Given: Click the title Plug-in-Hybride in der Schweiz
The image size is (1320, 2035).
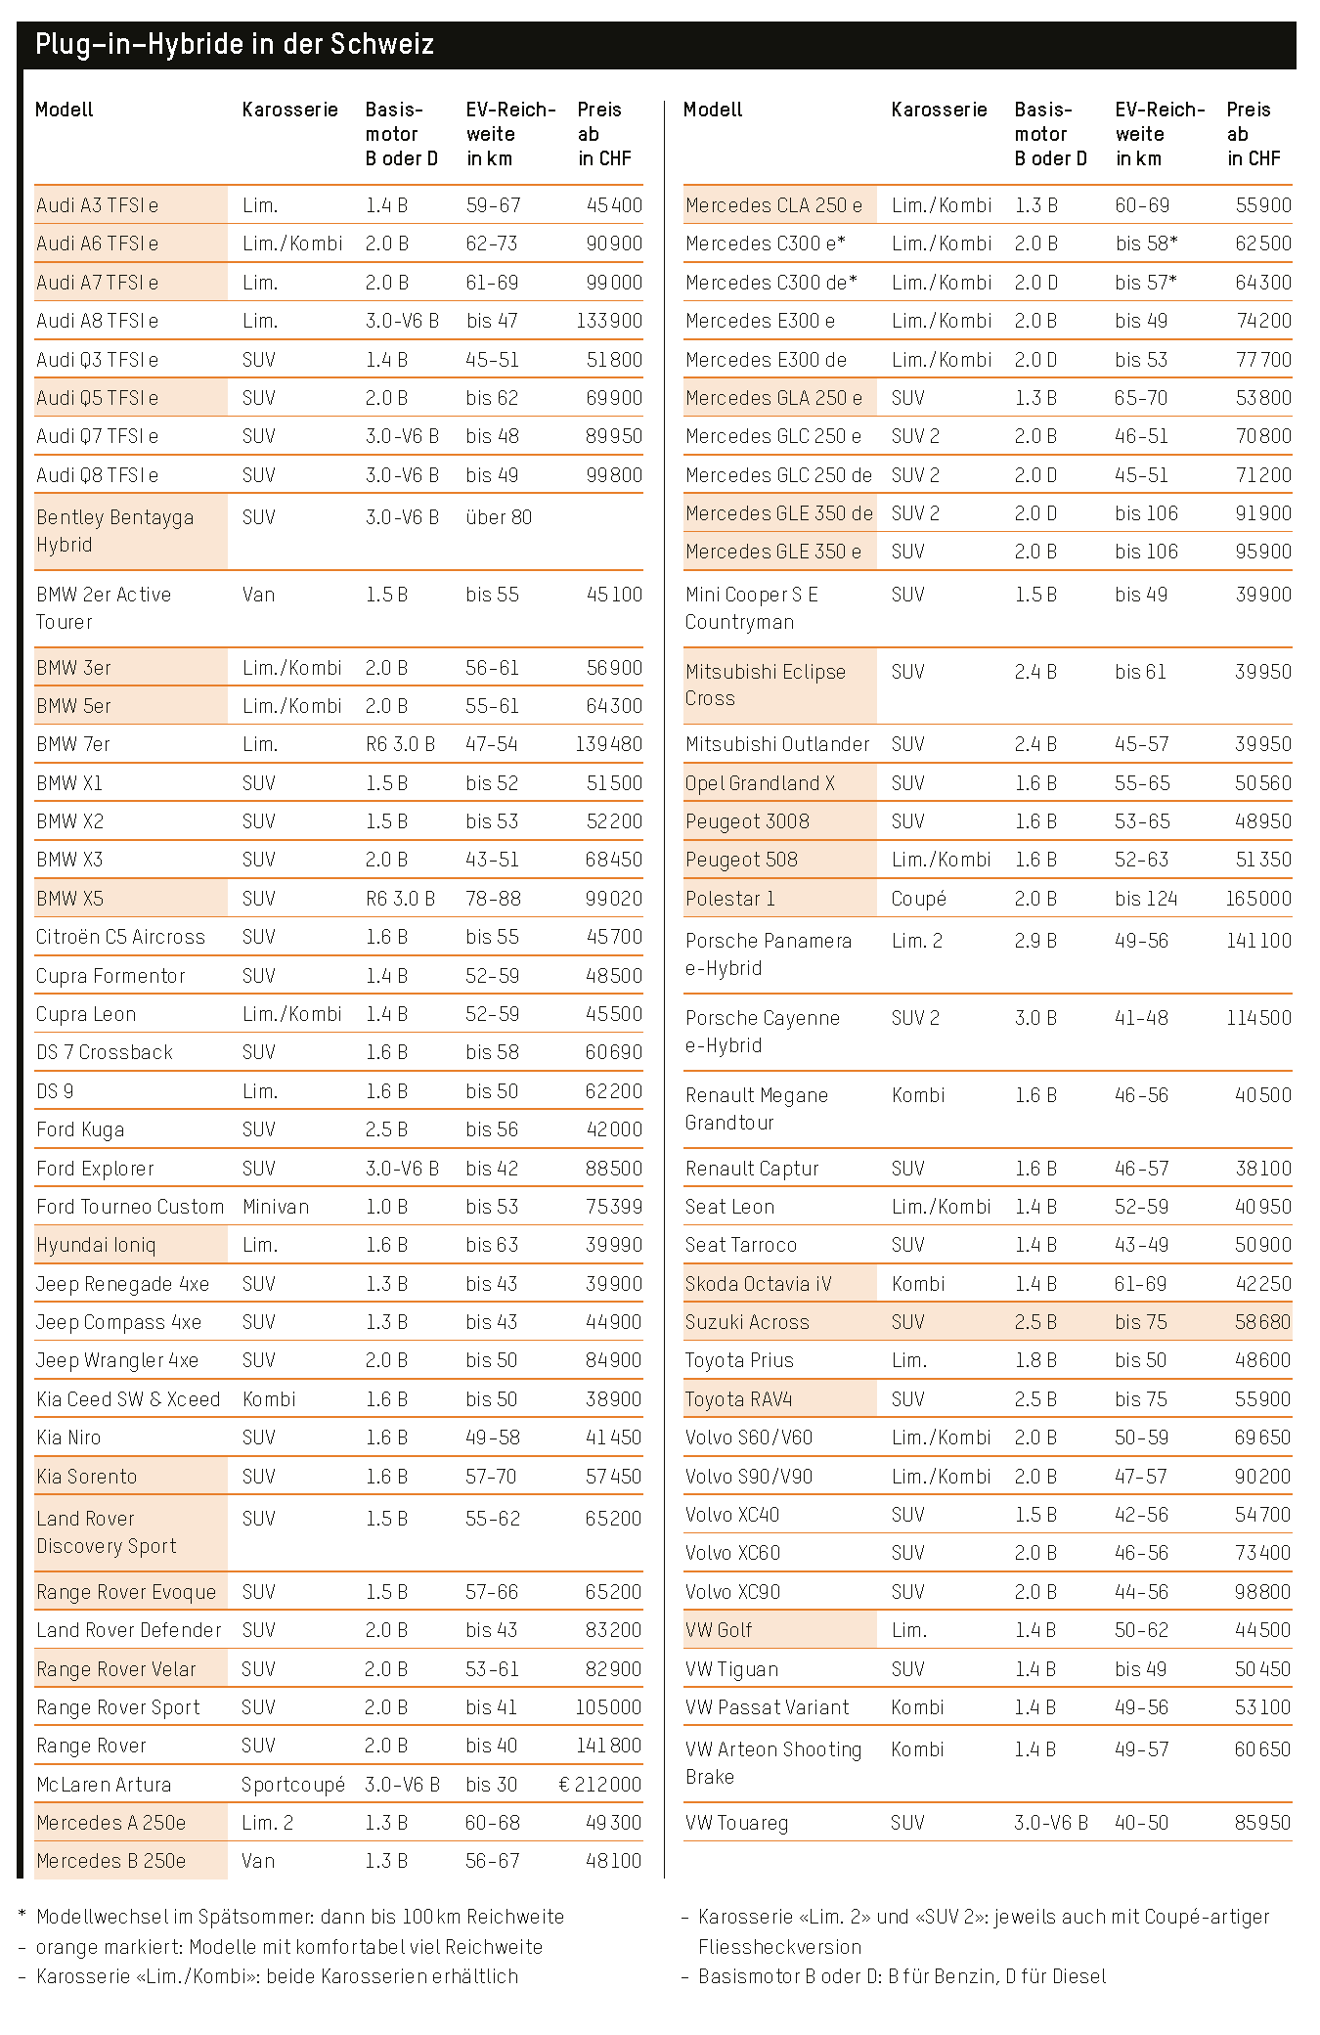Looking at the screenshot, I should (234, 45).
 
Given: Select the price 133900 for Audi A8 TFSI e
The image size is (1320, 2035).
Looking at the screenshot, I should (608, 321).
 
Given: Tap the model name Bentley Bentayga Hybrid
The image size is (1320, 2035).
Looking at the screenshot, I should (114, 531).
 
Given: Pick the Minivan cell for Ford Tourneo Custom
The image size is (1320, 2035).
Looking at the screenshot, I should (276, 1207).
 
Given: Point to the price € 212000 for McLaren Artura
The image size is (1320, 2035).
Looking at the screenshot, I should (599, 1785).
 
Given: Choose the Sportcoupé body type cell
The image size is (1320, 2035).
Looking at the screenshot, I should (293, 1785).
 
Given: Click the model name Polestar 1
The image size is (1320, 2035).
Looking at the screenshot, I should (729, 899).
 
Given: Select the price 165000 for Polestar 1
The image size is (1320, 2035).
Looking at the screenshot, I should (1258, 899).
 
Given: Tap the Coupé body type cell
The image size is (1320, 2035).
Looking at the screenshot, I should (918, 899).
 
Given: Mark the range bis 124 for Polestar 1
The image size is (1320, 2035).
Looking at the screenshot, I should (1146, 899).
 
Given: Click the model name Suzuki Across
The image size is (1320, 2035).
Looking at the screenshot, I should (747, 1322).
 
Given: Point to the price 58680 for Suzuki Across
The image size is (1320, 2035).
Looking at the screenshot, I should (1262, 1322).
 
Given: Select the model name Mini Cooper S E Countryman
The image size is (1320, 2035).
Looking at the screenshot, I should (751, 608).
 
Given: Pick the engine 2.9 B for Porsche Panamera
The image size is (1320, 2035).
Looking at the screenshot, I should (1035, 941).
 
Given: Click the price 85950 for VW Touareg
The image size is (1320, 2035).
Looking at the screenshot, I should (1262, 1823).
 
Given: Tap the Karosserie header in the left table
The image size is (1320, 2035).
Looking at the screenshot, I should (289, 110).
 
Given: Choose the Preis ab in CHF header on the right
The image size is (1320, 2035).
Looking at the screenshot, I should (1254, 134).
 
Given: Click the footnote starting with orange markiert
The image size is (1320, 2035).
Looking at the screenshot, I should (288, 1946).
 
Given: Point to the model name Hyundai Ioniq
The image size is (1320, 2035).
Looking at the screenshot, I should (96, 1245).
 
